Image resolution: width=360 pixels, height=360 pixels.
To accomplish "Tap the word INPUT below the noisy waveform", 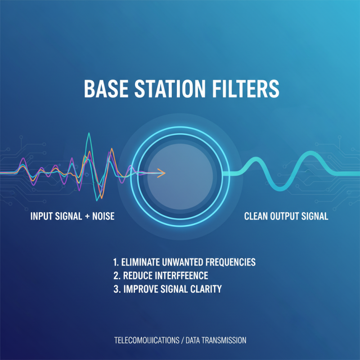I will [40, 216].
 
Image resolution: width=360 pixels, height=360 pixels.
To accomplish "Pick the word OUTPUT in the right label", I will [285, 216].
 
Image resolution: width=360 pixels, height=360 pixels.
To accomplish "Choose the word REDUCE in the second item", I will [137, 275].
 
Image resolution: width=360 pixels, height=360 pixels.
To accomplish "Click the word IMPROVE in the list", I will [139, 289].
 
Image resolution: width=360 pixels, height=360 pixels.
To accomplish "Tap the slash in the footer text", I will [182, 341].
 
